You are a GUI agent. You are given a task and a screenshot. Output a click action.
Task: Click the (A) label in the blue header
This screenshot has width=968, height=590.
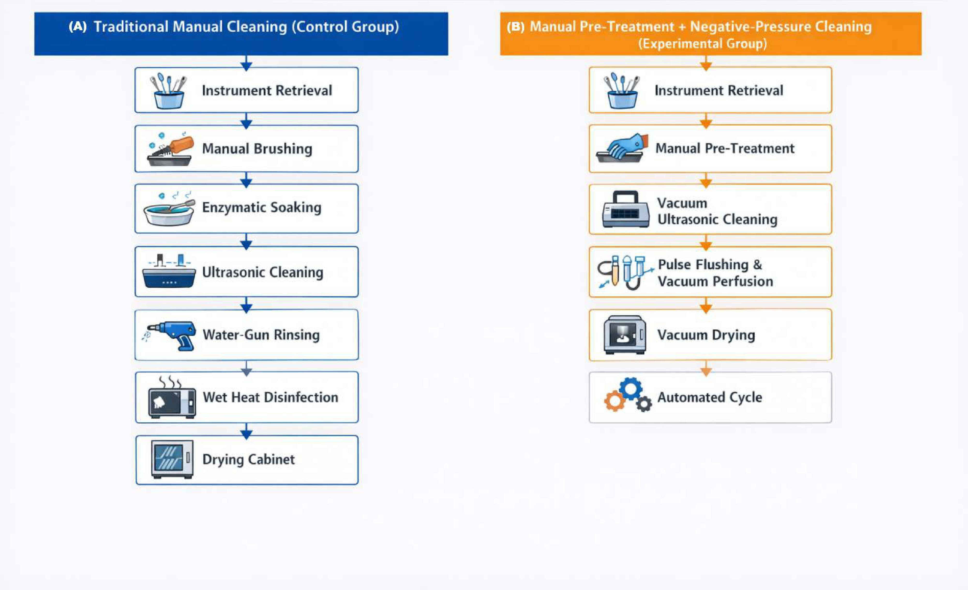click(x=78, y=27)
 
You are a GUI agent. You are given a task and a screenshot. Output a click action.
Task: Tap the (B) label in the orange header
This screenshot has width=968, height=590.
click(x=515, y=27)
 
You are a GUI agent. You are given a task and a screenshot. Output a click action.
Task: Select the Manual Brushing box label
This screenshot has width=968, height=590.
click(x=257, y=149)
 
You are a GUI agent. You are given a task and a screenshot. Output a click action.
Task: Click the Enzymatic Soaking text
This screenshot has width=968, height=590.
click(x=262, y=207)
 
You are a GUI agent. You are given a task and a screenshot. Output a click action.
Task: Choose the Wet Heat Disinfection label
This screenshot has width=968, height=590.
click(x=270, y=397)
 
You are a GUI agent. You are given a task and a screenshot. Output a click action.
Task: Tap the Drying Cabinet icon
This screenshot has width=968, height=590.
click(x=172, y=459)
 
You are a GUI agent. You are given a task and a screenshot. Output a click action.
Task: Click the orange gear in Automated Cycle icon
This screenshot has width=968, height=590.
click(x=614, y=401)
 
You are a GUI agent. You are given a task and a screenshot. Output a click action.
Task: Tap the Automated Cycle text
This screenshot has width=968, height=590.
click(x=710, y=397)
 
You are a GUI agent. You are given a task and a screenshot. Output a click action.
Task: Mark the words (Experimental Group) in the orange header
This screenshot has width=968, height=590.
click(x=702, y=44)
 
